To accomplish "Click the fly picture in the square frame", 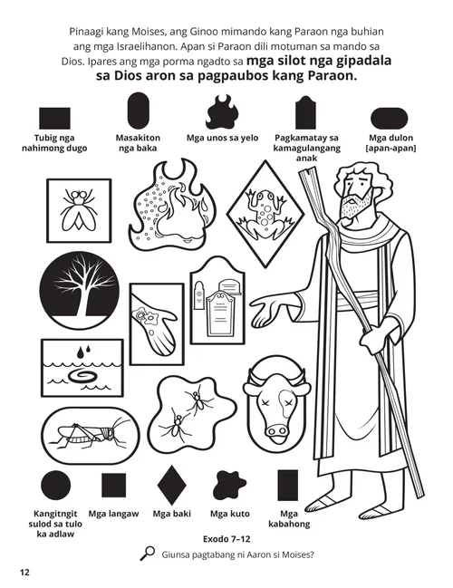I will (76, 207).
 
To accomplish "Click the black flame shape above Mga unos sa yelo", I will (221, 115).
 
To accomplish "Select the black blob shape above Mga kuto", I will (224, 487).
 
